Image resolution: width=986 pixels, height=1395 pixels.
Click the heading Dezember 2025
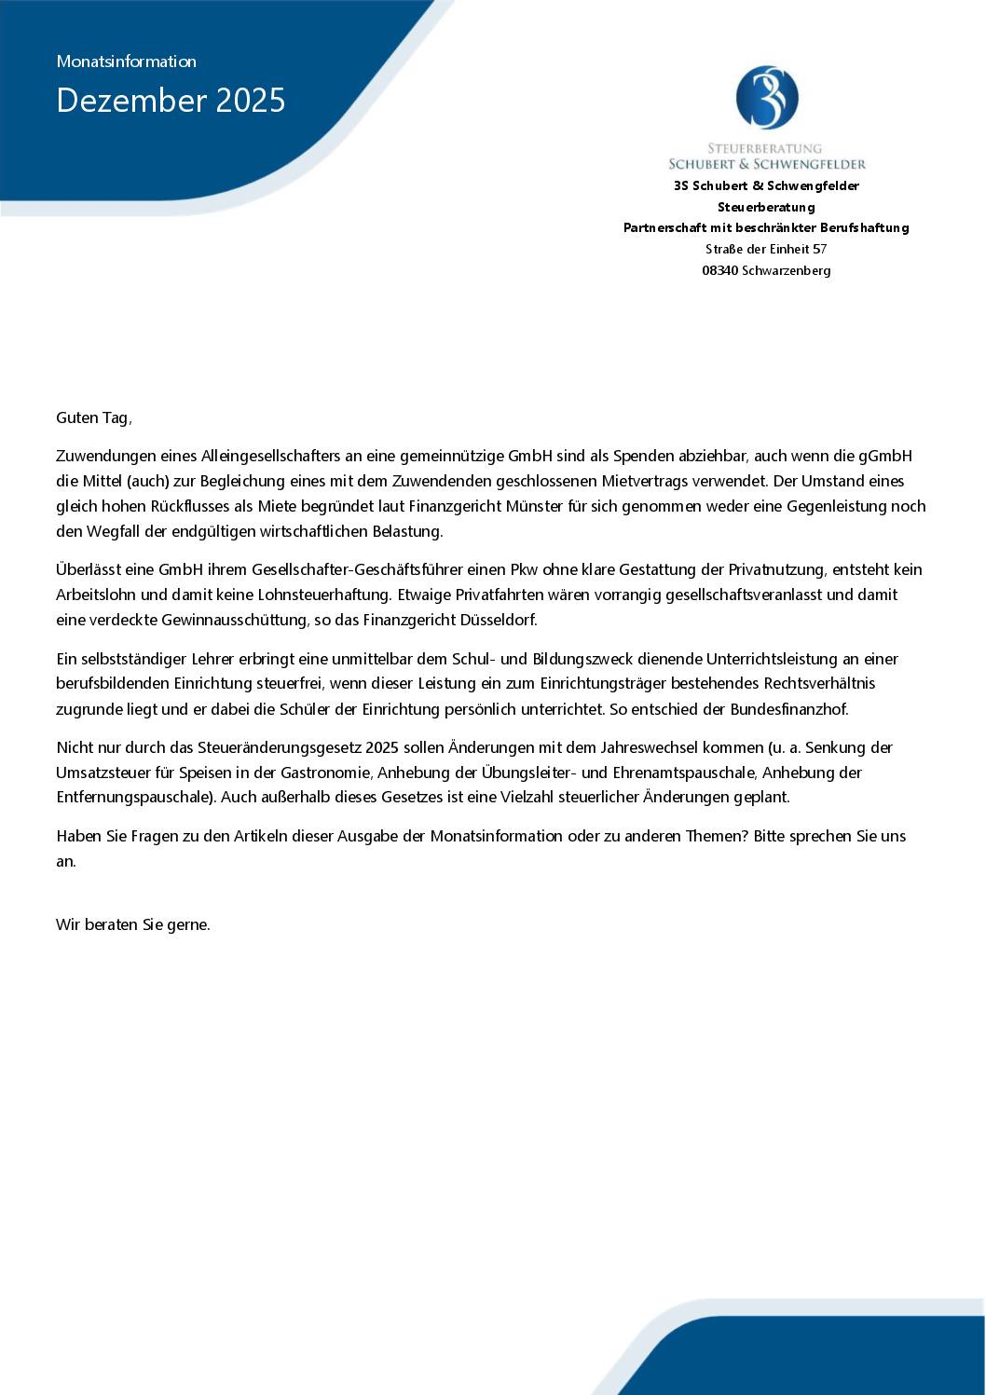171,101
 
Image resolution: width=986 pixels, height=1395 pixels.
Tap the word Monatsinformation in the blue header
126,62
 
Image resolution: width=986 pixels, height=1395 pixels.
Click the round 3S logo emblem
766,97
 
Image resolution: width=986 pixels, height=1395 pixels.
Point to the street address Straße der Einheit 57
766,249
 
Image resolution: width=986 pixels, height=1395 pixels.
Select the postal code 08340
719,270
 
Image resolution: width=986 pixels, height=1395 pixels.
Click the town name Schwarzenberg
787,270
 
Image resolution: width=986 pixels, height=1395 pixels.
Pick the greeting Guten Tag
93,417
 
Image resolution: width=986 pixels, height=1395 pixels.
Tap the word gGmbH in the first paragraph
884,456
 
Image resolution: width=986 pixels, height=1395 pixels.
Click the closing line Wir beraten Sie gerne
133,925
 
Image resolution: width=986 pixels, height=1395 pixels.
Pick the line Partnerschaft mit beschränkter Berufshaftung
766,227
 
